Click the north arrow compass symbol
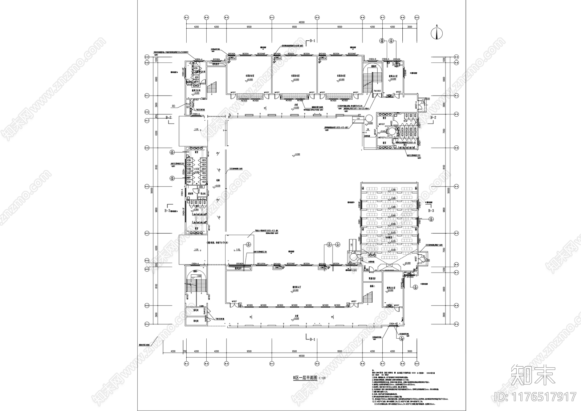(x=437, y=33)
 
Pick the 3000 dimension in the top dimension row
(x=410, y=27)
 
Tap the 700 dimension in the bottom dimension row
(x=184, y=351)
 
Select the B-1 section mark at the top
(x=312, y=41)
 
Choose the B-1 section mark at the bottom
(x=312, y=339)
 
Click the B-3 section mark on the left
(x=168, y=210)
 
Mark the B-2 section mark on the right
(x=433, y=117)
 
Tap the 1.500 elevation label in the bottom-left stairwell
(x=199, y=276)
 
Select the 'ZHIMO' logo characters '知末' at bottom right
(x=533, y=377)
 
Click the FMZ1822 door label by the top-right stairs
(x=378, y=91)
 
